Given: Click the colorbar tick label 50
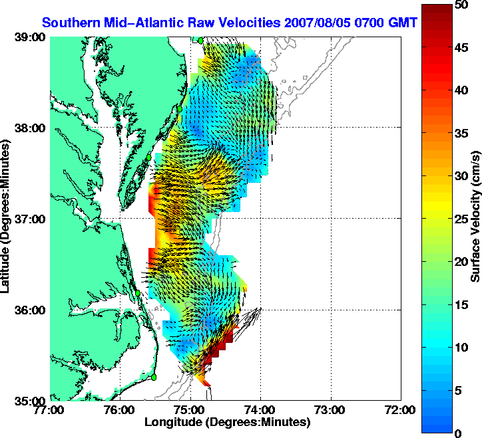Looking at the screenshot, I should tap(459, 5).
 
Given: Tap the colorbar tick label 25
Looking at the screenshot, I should tap(459, 219).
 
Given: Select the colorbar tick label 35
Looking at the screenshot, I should tap(459, 134).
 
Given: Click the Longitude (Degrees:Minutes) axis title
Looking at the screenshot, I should tap(227, 422).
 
